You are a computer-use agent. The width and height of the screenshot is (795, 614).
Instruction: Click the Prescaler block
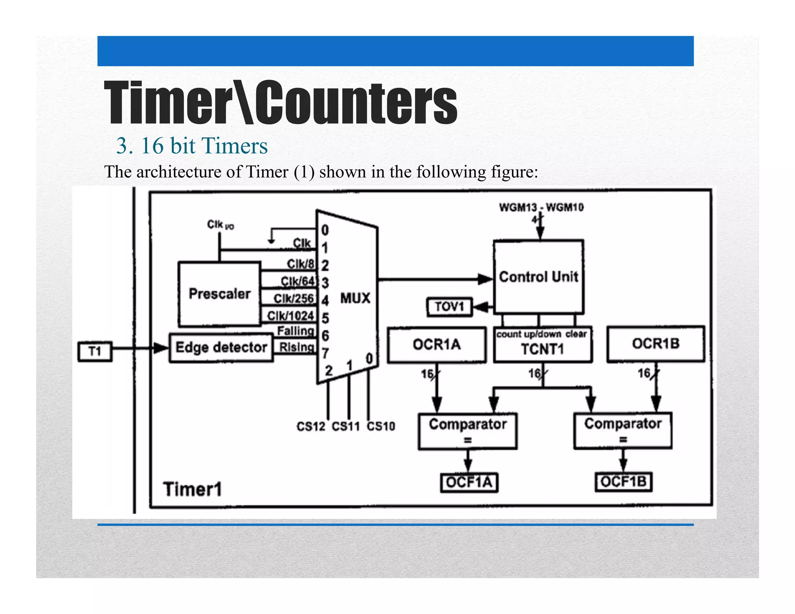[x=219, y=294]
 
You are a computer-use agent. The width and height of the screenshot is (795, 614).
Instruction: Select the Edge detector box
[x=221, y=347]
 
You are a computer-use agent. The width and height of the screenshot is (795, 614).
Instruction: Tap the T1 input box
[x=95, y=351]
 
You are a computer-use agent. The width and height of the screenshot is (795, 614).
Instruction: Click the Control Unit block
[x=538, y=277]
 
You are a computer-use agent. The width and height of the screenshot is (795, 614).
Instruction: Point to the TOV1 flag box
[x=450, y=307]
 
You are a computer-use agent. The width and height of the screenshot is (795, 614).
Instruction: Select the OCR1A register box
[x=437, y=344]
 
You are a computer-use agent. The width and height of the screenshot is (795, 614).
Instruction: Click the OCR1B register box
[x=656, y=343]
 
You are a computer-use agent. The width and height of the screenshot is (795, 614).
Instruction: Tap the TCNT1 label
[x=542, y=349]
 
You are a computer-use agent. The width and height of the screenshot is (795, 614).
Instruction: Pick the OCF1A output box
[x=469, y=482]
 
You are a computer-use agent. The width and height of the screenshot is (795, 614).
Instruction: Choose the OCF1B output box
[x=623, y=482]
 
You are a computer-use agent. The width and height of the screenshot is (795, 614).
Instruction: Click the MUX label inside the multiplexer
[x=355, y=298]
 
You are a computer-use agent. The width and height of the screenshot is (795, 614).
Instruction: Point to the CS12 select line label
[x=311, y=427]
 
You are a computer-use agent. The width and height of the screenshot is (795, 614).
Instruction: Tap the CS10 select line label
[x=381, y=427]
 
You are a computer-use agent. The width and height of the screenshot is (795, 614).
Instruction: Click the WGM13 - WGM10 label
[x=541, y=207]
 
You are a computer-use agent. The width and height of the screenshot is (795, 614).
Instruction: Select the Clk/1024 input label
[x=290, y=316]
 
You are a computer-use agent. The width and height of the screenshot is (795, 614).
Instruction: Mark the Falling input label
[x=295, y=331]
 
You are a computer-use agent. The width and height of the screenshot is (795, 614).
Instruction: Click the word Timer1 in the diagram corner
[x=193, y=489]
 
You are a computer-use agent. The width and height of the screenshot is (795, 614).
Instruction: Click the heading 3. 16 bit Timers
[x=192, y=146]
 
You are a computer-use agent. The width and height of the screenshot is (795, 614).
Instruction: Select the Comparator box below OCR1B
[x=623, y=430]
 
